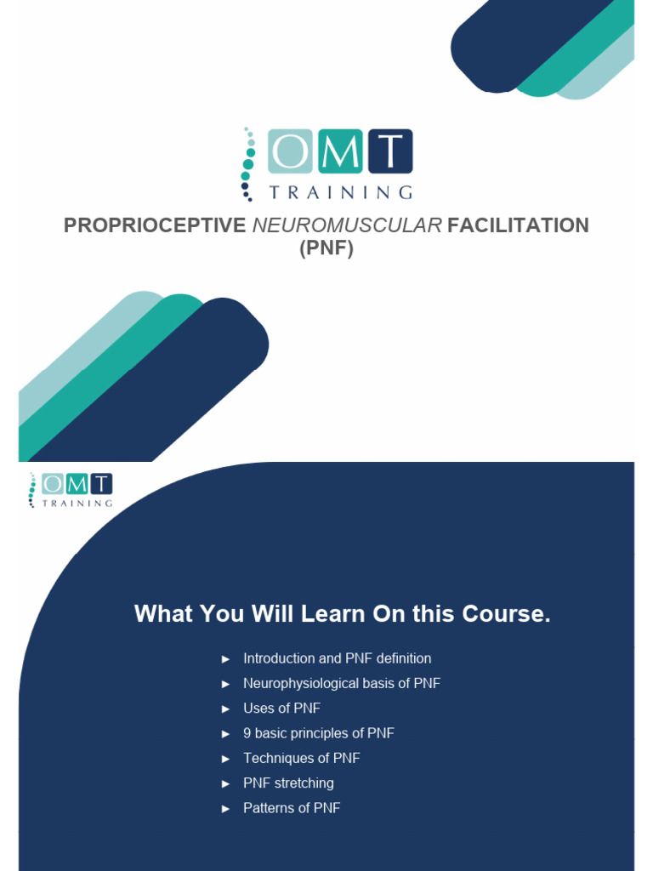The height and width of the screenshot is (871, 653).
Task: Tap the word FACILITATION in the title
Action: tap(518, 225)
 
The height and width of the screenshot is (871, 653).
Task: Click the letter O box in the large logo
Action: tap(291, 151)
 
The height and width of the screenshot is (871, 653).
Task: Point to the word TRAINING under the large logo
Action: tap(341, 192)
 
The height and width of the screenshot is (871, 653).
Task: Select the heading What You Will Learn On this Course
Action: tap(342, 614)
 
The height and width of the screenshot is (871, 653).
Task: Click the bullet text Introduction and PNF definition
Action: tap(337, 658)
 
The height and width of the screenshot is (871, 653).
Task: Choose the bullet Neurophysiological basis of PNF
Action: tap(341, 683)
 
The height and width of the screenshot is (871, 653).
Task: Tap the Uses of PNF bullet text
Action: tap(281, 708)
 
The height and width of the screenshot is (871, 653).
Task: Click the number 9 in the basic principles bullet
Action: tap(247, 733)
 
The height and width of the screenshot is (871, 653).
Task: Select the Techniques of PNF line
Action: tap(302, 758)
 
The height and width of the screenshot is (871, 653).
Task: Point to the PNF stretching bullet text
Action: tap(288, 783)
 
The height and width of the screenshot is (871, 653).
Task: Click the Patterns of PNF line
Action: tap(292, 808)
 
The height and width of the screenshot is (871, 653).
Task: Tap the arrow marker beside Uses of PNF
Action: tap(225, 709)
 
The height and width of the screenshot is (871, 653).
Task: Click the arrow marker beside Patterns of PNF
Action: tap(225, 809)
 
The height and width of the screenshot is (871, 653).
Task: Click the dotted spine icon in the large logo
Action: tap(248, 162)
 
